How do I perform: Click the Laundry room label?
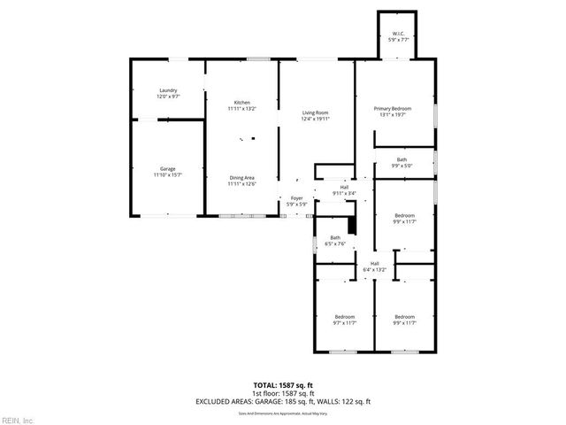(168, 91)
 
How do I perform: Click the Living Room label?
(315, 113)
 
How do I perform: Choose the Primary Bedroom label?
(394, 108)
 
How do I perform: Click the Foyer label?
(296, 198)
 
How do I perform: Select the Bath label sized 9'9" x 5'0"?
(402, 159)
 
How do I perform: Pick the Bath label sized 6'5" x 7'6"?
(335, 238)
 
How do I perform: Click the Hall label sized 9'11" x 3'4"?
(344, 187)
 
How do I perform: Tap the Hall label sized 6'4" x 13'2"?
(374, 264)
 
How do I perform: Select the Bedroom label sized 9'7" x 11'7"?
(344, 317)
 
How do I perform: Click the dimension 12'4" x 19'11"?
(315, 119)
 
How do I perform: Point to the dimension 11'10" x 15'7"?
(167, 174)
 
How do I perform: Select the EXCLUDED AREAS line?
(283, 401)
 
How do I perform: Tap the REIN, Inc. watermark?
(18, 419)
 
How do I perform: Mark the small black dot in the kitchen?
(252, 137)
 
